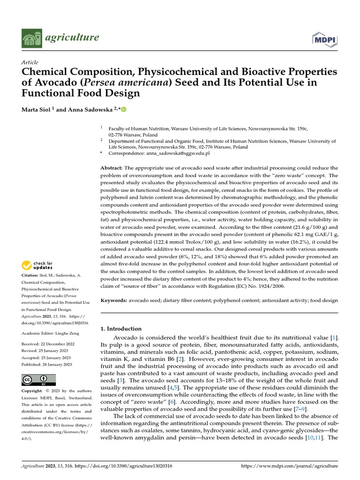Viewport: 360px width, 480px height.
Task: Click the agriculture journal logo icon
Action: [31, 37]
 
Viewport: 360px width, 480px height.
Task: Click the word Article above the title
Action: [30, 62]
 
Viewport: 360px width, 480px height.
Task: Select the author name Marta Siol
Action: [37, 109]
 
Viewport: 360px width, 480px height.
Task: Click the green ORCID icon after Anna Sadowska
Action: [124, 109]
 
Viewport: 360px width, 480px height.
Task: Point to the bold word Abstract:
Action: [112, 168]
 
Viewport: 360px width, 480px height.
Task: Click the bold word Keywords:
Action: [114, 299]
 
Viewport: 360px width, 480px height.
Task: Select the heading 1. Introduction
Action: [121, 329]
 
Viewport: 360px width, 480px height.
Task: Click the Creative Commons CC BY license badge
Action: [38, 380]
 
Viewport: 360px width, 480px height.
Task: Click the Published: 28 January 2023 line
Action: [47, 364]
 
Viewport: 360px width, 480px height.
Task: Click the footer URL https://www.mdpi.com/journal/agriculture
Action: [289, 466]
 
